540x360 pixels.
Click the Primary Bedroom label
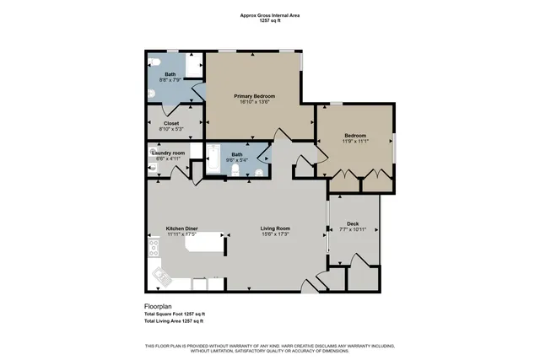pos(255,97)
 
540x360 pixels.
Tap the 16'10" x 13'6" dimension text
pos(255,104)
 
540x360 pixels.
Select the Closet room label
pos(171,123)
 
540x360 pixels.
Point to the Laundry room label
pos(169,152)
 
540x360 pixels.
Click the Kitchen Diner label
pos(181,228)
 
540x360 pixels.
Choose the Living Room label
pos(275,228)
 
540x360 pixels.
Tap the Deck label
pos(354,222)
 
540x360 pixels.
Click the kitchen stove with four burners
pos(154,247)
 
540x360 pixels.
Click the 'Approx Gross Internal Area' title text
pos(270,15)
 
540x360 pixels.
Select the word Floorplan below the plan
pos(159,306)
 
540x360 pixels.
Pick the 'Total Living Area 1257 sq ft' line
pos(174,322)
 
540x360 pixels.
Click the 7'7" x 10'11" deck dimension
pos(354,228)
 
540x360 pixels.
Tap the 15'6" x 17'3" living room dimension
pos(275,234)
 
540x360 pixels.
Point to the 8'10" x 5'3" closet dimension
pos(171,130)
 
